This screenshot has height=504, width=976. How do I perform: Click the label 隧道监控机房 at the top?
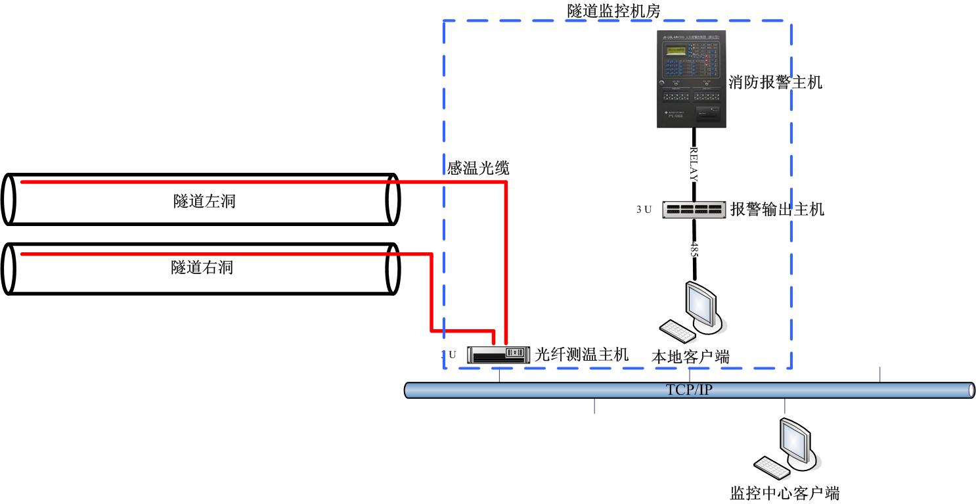tap(614, 11)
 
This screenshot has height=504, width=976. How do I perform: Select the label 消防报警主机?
tap(776, 82)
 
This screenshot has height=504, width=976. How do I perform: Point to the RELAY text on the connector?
tap(694, 164)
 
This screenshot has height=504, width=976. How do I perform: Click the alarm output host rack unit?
tap(694, 210)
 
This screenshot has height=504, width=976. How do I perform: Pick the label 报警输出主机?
tap(777, 210)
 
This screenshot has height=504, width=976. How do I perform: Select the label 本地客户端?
tap(690, 357)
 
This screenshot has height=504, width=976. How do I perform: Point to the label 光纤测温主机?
tap(582, 355)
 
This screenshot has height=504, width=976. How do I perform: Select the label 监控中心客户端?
tap(785, 492)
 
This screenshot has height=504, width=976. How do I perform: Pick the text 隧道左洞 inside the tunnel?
tap(204, 201)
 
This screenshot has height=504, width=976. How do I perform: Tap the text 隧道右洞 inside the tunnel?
tap(202, 267)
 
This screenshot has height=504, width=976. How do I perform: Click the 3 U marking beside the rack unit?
tap(644, 210)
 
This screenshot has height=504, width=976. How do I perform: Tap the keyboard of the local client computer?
tap(677, 331)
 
